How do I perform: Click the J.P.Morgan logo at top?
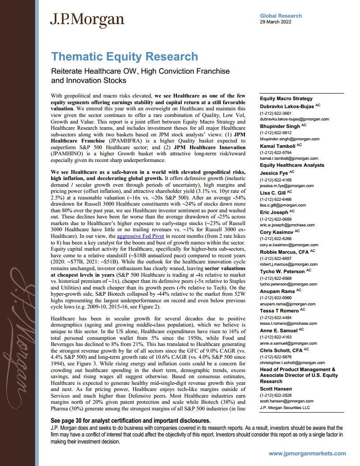coord(87,20)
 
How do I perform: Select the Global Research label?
coord(281,16)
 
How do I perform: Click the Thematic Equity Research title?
coord(124,56)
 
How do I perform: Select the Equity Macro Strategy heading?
coord(286,98)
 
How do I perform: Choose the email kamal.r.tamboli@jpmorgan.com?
coord(289,158)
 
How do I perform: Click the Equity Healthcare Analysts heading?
coord(292,165)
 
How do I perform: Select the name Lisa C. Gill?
coord(273,192)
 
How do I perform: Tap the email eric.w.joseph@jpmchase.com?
coord(287,225)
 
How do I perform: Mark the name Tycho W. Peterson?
coord(282,271)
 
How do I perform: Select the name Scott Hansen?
coord(276,388)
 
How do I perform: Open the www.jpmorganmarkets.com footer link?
coord(307,454)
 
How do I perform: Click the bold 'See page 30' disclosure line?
coord(131,421)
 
